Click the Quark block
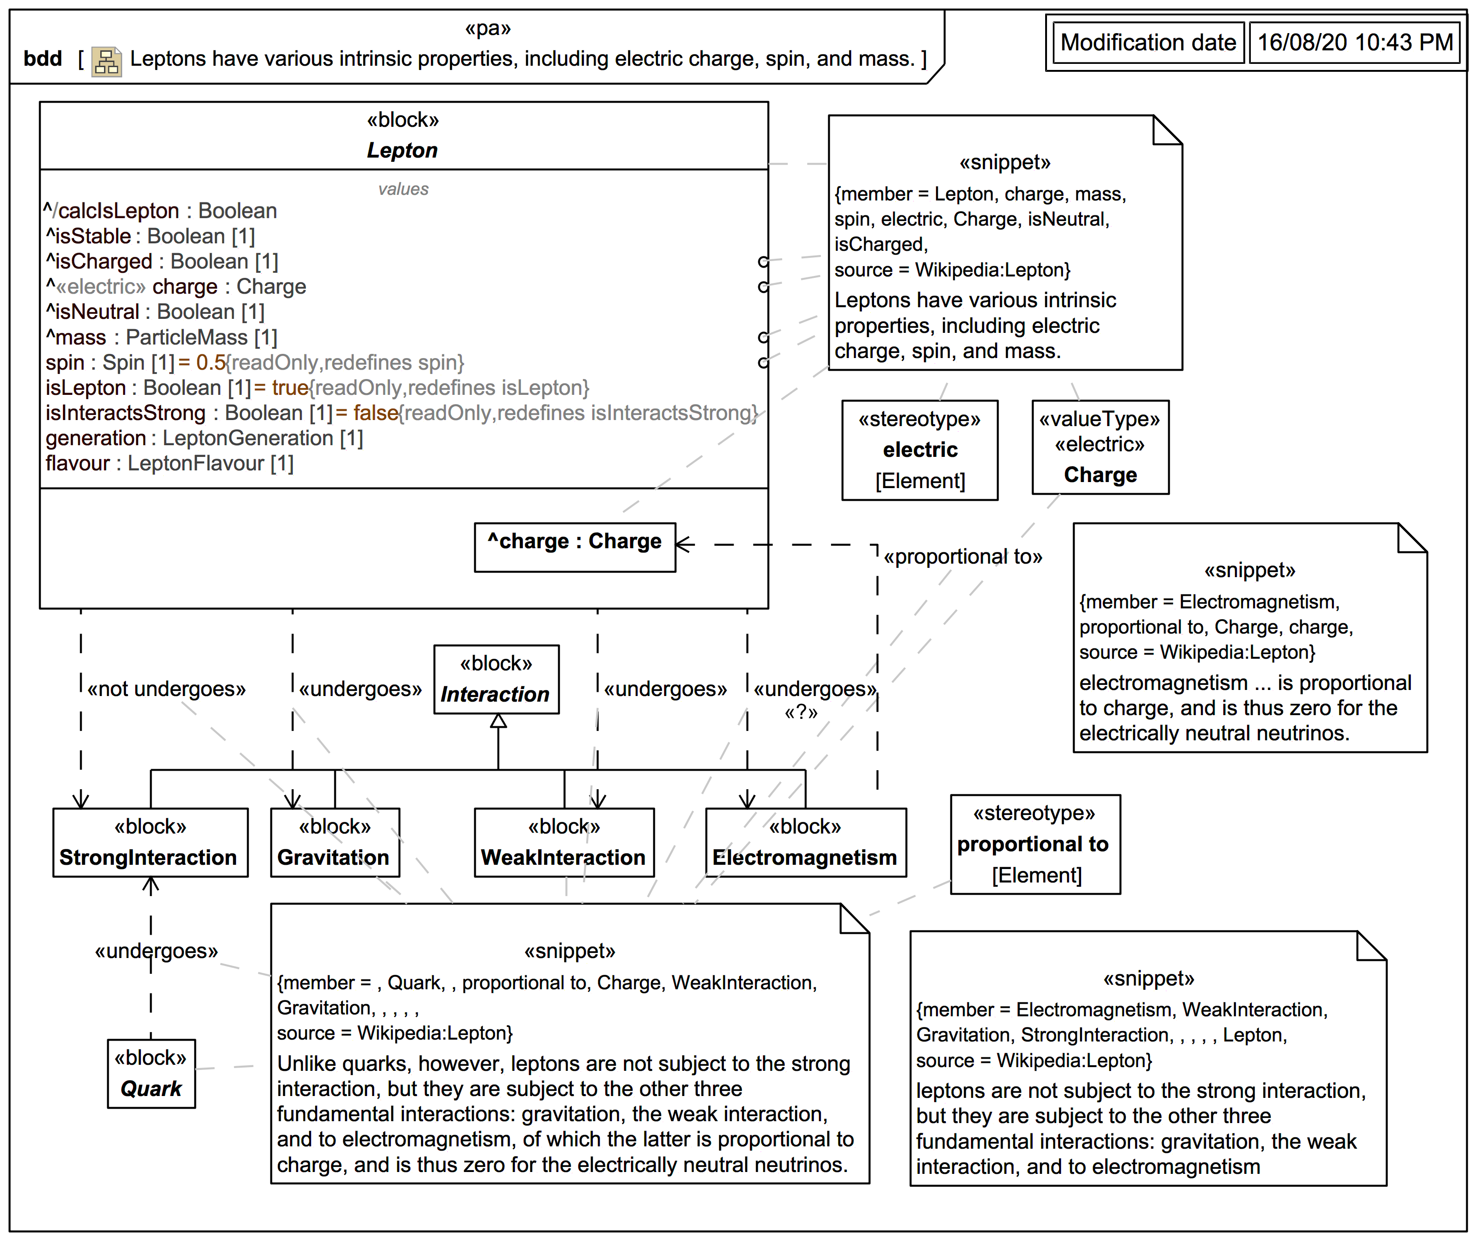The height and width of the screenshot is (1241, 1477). point(151,1074)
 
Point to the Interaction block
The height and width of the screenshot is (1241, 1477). point(496,680)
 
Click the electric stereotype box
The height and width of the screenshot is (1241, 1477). point(920,450)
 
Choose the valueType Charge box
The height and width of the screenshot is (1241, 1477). point(1100,448)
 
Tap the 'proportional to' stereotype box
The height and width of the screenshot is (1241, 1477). point(1034,844)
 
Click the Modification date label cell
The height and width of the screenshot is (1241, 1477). point(1148,43)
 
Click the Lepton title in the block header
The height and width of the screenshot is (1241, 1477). point(402,150)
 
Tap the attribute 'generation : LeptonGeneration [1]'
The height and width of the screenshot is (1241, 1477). point(204,438)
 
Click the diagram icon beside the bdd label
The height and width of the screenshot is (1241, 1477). point(106,61)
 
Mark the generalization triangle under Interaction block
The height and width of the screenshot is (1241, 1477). point(498,721)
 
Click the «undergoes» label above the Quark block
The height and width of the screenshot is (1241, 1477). point(156,951)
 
